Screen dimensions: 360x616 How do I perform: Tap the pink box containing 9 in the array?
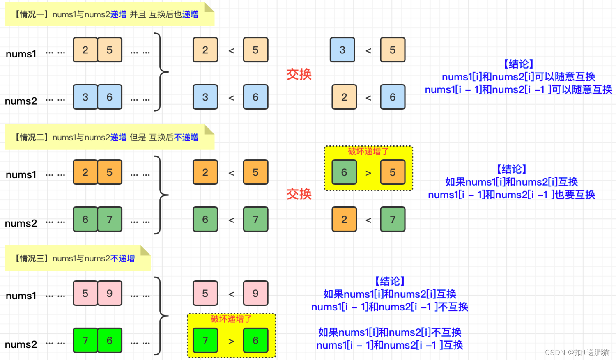(x=110, y=293)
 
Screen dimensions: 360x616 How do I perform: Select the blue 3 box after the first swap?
(x=342, y=50)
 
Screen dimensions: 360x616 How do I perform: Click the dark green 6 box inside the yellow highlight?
(x=344, y=172)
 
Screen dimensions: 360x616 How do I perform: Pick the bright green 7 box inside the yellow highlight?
(x=205, y=340)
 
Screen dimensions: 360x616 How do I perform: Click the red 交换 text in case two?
(x=299, y=194)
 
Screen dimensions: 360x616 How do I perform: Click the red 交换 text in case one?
(x=299, y=74)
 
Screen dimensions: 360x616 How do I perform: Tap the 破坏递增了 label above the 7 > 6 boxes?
(x=231, y=319)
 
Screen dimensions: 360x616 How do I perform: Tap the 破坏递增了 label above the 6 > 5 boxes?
(x=368, y=151)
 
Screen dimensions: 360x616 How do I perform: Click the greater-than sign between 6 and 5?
(x=368, y=173)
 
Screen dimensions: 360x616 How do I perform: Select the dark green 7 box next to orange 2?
(x=393, y=220)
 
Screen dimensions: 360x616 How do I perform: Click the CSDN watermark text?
(x=577, y=352)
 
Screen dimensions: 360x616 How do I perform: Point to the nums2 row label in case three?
(x=21, y=344)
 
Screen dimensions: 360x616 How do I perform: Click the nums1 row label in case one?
(x=21, y=54)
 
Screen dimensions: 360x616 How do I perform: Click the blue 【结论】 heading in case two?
(x=511, y=169)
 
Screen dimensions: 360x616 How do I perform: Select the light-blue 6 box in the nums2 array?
(x=110, y=97)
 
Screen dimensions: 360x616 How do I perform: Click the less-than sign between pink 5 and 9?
(x=231, y=294)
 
